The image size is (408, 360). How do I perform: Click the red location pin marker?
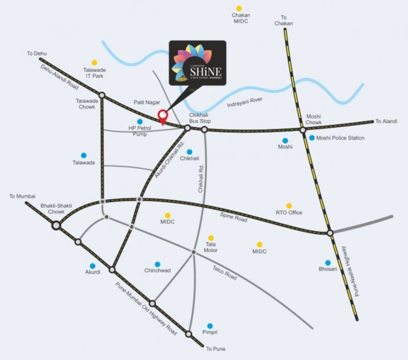163,115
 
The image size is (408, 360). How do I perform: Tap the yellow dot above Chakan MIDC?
239,8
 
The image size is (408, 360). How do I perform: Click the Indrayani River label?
245,102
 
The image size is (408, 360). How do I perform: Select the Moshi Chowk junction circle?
303,130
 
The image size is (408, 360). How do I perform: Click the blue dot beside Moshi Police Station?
312,138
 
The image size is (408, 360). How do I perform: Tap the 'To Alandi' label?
386,121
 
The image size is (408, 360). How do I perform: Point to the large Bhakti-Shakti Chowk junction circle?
56,225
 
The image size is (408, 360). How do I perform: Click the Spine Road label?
234,217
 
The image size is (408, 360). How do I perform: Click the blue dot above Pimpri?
210,326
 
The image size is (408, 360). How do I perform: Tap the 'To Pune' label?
215,349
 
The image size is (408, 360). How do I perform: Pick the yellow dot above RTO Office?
289,206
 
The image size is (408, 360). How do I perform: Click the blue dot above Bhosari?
328,262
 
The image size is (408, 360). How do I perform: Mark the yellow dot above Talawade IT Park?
94,62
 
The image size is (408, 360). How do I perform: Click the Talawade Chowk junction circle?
102,95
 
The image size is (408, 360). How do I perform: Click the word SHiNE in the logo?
206,72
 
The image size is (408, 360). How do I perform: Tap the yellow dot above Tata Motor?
211,238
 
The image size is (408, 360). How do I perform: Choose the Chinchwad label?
157,270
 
